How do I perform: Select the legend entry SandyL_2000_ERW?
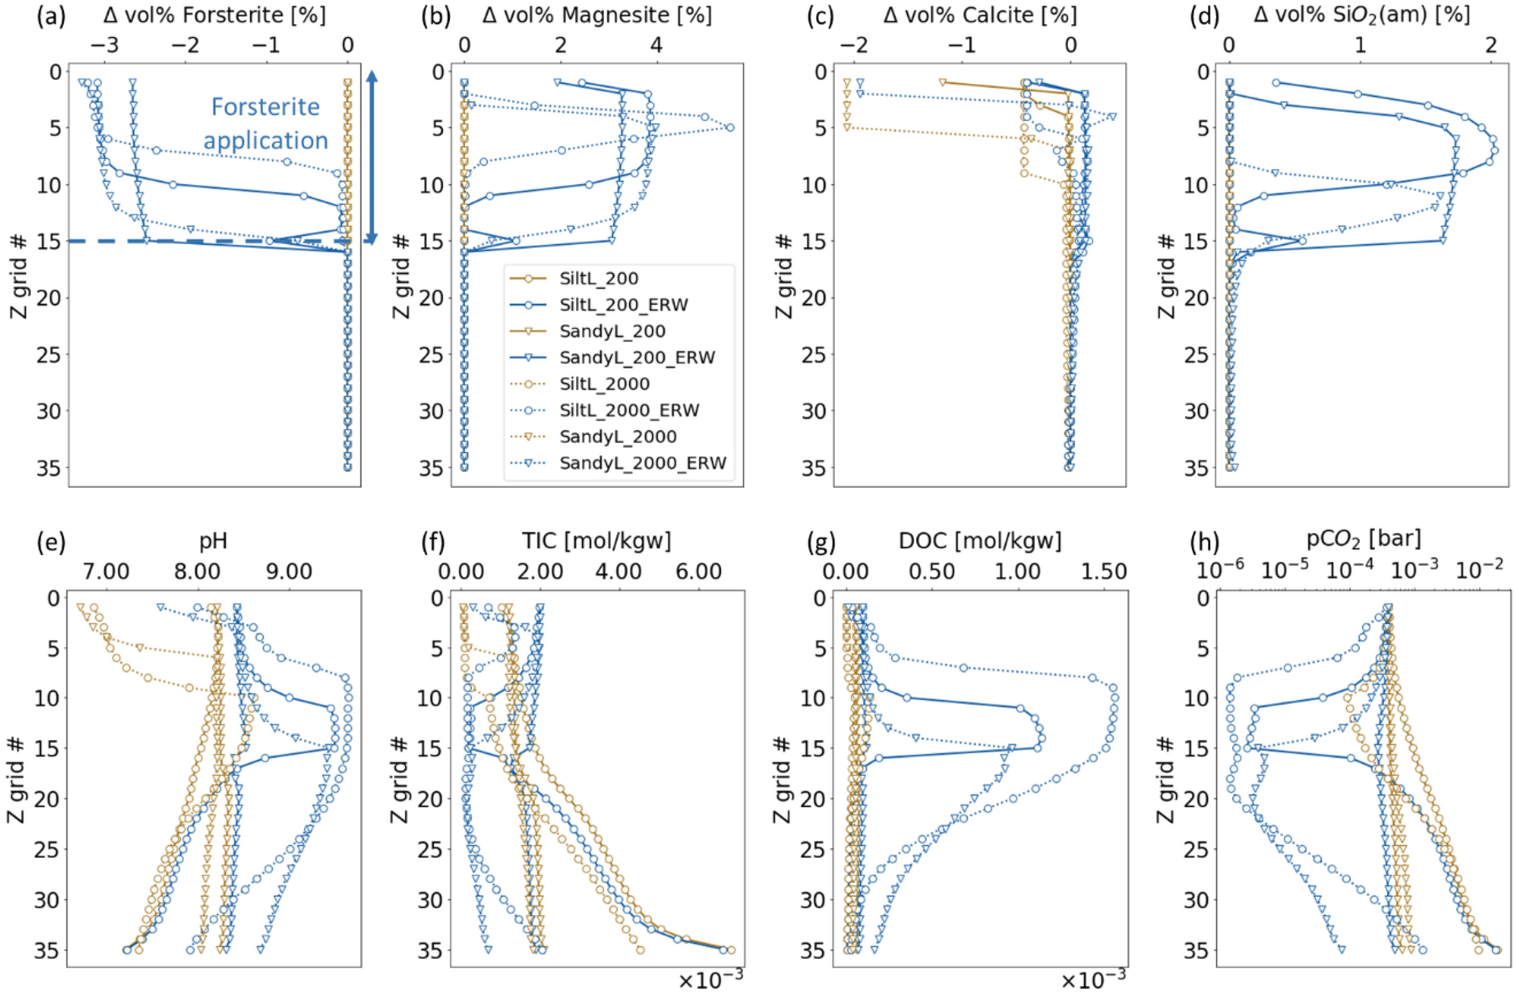pos(642,463)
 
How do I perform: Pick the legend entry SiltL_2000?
pos(604,383)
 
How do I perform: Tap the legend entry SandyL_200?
pos(611,331)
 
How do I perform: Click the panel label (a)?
pos(51,16)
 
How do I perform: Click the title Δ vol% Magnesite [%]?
pos(596,15)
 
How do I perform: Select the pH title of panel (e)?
pos(213,541)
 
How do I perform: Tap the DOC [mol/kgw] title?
pos(980,541)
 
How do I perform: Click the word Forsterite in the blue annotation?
pos(265,107)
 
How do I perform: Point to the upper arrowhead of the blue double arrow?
pos(371,76)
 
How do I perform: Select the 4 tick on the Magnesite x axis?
pos(656,45)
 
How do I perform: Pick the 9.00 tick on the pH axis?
pos(289,572)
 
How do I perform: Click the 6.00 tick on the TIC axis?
pos(698,572)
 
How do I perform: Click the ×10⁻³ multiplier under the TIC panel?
pos(711,980)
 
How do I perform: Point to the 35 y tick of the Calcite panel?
pos(813,468)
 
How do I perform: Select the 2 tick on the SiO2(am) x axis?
pos(1491,45)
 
